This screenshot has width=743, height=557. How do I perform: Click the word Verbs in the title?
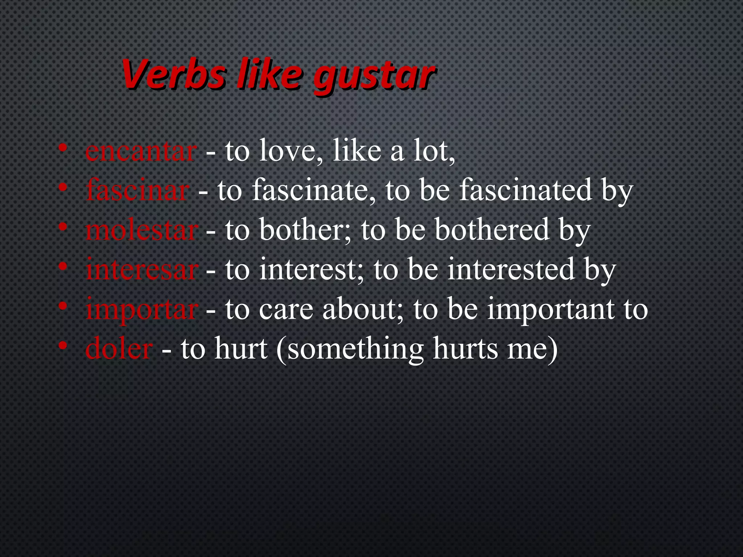pos(173,74)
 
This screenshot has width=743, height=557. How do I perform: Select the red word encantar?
pos(141,152)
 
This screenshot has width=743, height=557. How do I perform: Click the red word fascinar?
pos(137,190)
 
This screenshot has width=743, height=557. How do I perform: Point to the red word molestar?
pos(141,230)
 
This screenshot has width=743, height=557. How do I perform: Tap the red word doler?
pos(119,348)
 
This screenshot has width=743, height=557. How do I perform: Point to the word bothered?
pos(492,230)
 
